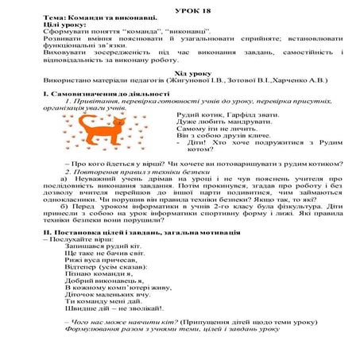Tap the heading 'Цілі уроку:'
(x=62, y=24)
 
